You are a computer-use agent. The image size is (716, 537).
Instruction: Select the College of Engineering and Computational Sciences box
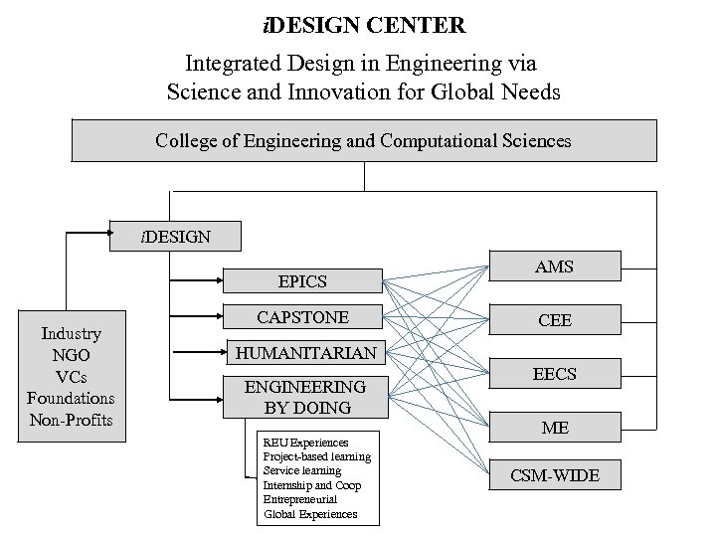(x=364, y=141)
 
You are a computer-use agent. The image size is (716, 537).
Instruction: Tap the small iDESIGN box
(x=175, y=237)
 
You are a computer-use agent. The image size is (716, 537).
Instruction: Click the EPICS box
(x=302, y=281)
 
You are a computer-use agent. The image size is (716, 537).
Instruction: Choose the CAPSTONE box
(x=302, y=317)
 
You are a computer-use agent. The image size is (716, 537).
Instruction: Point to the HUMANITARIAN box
(x=305, y=353)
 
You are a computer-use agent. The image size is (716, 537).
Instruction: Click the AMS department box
(x=554, y=267)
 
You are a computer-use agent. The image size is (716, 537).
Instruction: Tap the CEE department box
(x=554, y=321)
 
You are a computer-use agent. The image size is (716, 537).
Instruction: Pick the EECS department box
(x=554, y=374)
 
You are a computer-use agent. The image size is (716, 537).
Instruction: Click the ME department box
(x=554, y=428)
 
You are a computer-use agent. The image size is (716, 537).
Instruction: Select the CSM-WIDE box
(x=554, y=475)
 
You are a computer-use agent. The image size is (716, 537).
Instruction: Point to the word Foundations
(x=71, y=399)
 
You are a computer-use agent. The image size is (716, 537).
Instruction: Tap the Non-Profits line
(x=71, y=420)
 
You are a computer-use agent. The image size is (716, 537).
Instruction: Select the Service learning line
(x=302, y=470)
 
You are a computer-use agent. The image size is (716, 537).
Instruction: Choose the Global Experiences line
(x=309, y=514)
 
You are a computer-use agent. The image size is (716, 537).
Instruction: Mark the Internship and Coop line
(x=312, y=485)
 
